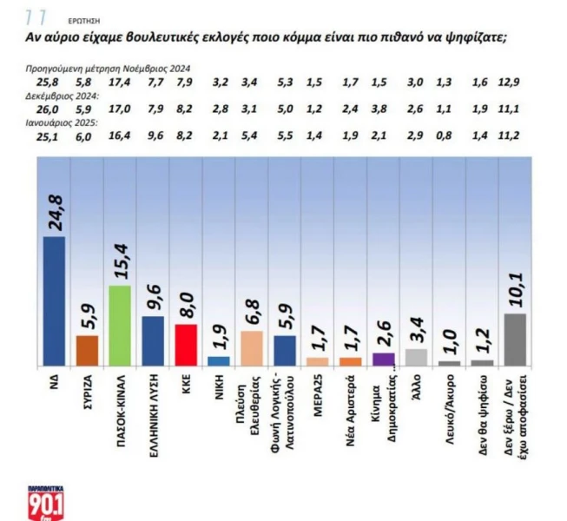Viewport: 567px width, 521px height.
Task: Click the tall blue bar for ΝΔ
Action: click(x=54, y=300)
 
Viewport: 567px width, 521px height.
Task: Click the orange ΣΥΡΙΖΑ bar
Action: click(x=88, y=349)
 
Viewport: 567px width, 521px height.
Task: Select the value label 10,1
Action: click(x=515, y=287)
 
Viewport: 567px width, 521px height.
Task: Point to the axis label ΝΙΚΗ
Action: click(x=219, y=388)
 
